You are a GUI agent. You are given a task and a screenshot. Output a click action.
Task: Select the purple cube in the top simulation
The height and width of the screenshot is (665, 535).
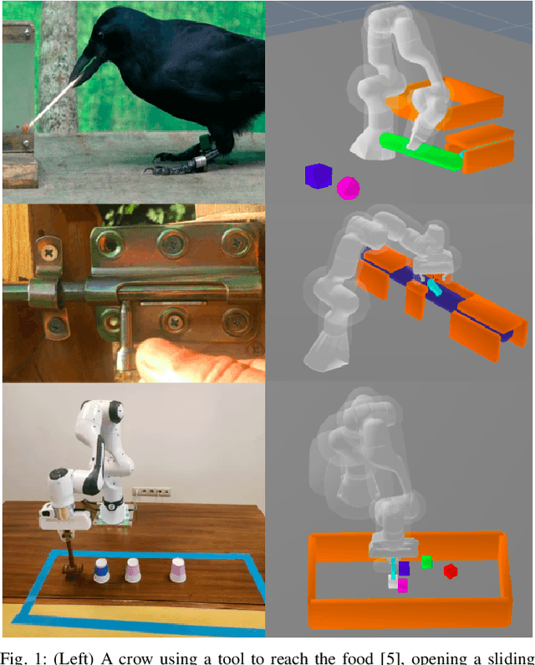[x=318, y=175]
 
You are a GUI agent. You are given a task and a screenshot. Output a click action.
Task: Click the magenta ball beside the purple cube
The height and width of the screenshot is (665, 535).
[x=347, y=188]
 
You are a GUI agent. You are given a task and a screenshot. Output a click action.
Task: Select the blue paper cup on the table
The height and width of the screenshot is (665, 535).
[x=102, y=572]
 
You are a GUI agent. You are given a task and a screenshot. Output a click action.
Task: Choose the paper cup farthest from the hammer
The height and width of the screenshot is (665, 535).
[x=177, y=570]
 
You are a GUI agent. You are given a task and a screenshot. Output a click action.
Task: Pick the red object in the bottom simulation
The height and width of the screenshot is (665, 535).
[x=451, y=571]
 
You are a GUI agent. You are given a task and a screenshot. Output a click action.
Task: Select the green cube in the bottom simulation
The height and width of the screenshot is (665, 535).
[x=426, y=563]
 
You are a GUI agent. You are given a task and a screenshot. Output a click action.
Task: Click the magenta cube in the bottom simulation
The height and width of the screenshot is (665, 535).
[x=403, y=586]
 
